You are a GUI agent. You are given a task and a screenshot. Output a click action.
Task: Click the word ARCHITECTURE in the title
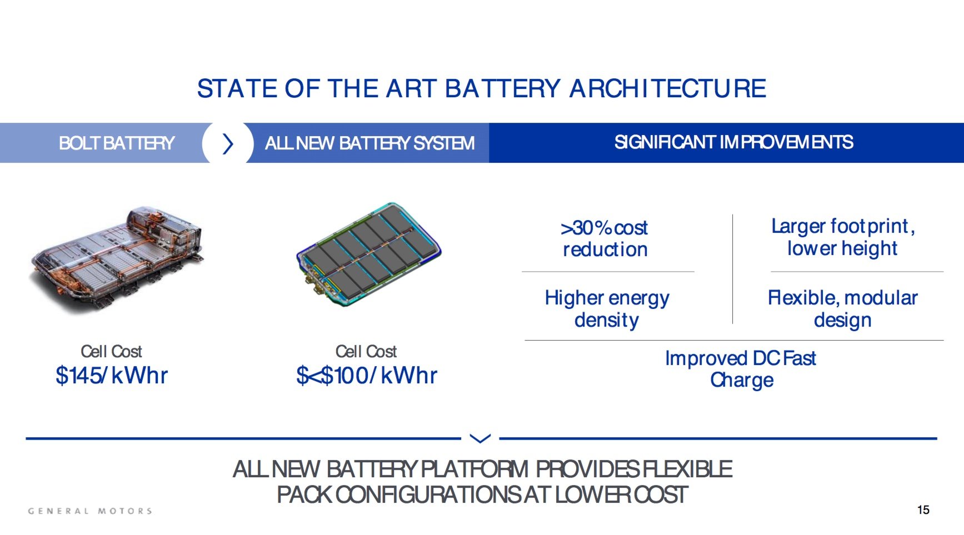pos(667,89)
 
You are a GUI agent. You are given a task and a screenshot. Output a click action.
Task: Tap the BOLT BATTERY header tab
pos(116,143)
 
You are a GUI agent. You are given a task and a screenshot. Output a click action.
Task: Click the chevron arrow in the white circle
pos(228,143)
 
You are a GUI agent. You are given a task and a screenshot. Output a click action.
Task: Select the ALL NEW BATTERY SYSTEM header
pos(369,143)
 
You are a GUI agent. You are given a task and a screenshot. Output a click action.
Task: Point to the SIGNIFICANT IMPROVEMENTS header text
pos(733,142)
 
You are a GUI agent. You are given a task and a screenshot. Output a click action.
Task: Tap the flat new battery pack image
pos(368,253)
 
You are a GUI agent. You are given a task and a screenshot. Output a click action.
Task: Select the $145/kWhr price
pos(111,376)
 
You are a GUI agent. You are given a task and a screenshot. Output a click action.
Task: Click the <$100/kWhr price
pos(367,376)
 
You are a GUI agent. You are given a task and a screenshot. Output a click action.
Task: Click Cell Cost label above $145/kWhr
pos(111,351)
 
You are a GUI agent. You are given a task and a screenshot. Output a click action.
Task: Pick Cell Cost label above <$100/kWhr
pos(366,351)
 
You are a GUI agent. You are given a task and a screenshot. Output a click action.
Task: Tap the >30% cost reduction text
pos(605,238)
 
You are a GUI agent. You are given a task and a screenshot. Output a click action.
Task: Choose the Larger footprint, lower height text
pos(842,237)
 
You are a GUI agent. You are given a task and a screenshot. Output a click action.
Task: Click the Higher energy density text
pos(607,309)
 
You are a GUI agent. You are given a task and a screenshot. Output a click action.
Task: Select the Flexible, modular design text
pos(842,309)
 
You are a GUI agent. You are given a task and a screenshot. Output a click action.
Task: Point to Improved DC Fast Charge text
pos(741,369)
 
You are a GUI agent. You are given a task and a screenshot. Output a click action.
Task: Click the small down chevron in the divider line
pos(480,438)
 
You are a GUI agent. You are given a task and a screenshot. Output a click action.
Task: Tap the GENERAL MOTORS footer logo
pos(90,511)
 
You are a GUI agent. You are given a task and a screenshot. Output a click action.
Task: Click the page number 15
pos(923,510)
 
